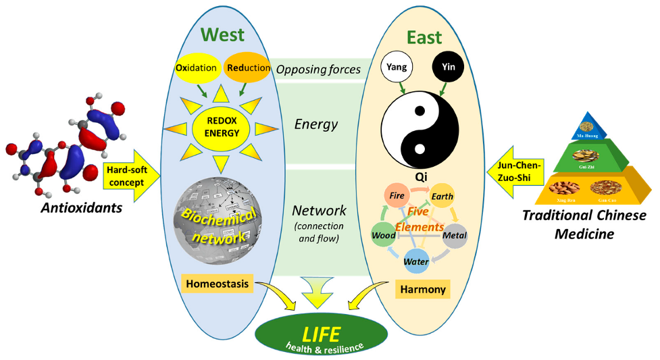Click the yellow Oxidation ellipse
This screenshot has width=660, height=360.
(x=196, y=68)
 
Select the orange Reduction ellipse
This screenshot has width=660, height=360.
(x=247, y=68)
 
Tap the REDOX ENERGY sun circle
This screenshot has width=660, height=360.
(x=222, y=126)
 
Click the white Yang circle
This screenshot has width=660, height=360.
(x=397, y=68)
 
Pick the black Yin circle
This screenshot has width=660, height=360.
(x=449, y=68)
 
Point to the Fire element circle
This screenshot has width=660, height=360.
(x=397, y=196)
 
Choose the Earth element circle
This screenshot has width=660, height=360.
(x=443, y=197)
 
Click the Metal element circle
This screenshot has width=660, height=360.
(x=454, y=236)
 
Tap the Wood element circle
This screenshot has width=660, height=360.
(x=384, y=236)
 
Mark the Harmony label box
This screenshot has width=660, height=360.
(x=424, y=290)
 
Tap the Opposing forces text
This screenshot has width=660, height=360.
(x=318, y=69)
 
